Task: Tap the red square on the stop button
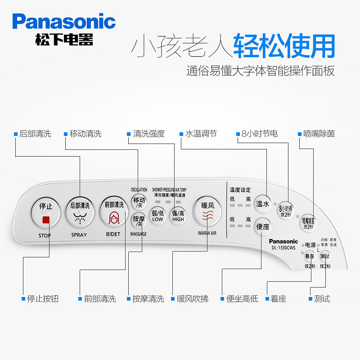click(45, 220)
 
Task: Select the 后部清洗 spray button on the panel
click(80, 212)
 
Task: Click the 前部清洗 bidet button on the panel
click(113, 212)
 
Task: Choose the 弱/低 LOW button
click(157, 216)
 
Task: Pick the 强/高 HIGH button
click(178, 216)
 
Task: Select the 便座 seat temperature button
click(262, 226)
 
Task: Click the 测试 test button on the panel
click(324, 256)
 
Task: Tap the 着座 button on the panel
click(309, 256)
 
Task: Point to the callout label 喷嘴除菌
click(319, 134)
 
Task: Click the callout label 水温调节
click(201, 134)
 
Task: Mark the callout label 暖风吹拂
click(193, 299)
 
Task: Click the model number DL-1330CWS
click(283, 247)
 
